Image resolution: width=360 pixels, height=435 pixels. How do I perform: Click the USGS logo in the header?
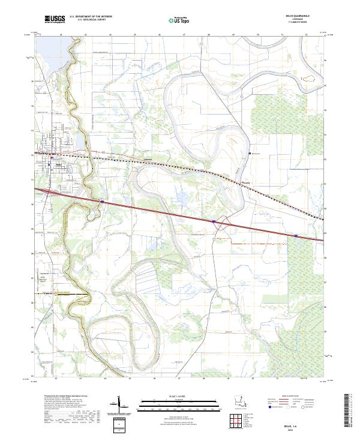[55, 20]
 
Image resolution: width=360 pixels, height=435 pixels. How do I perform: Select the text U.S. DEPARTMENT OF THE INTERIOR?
[90, 17]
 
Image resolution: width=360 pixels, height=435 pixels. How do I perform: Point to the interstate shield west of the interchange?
[213, 221]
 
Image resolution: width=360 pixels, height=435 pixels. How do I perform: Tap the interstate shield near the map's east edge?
[296, 236]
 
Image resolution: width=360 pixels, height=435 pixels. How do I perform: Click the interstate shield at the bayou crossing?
[103, 202]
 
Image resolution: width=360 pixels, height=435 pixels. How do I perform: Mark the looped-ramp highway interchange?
[223, 223]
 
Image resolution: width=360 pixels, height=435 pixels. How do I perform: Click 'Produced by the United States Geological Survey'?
[63, 397]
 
